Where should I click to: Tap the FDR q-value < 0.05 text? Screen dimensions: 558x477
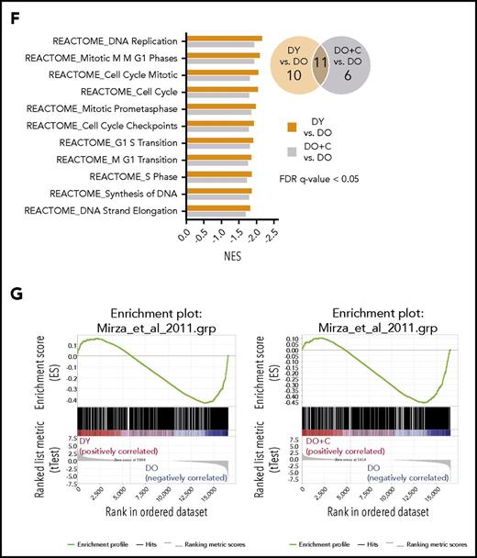(x=335, y=179)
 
